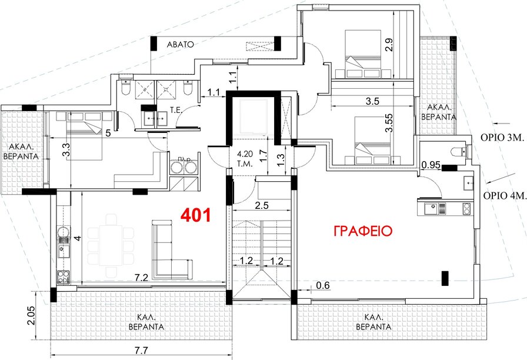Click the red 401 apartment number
coord(196,215)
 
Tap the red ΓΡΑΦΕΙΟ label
coord(363,231)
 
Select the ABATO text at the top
coord(181,44)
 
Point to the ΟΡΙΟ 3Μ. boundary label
coord(502,138)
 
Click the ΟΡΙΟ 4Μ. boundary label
coord(505,196)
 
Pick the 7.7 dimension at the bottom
coord(141,351)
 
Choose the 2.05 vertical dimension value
coord(31,315)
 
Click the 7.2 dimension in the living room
coord(141,278)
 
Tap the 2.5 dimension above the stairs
coord(262,205)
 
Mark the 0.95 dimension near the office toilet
coord(431,165)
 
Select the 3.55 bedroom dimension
coord(389,123)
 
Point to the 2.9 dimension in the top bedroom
coord(389,45)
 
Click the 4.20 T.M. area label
coord(245,159)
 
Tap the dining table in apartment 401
coord(111,245)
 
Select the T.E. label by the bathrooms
coord(176,110)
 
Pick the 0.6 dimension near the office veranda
coord(323,285)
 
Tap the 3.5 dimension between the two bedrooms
coord(372,101)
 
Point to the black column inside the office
coord(445,278)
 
